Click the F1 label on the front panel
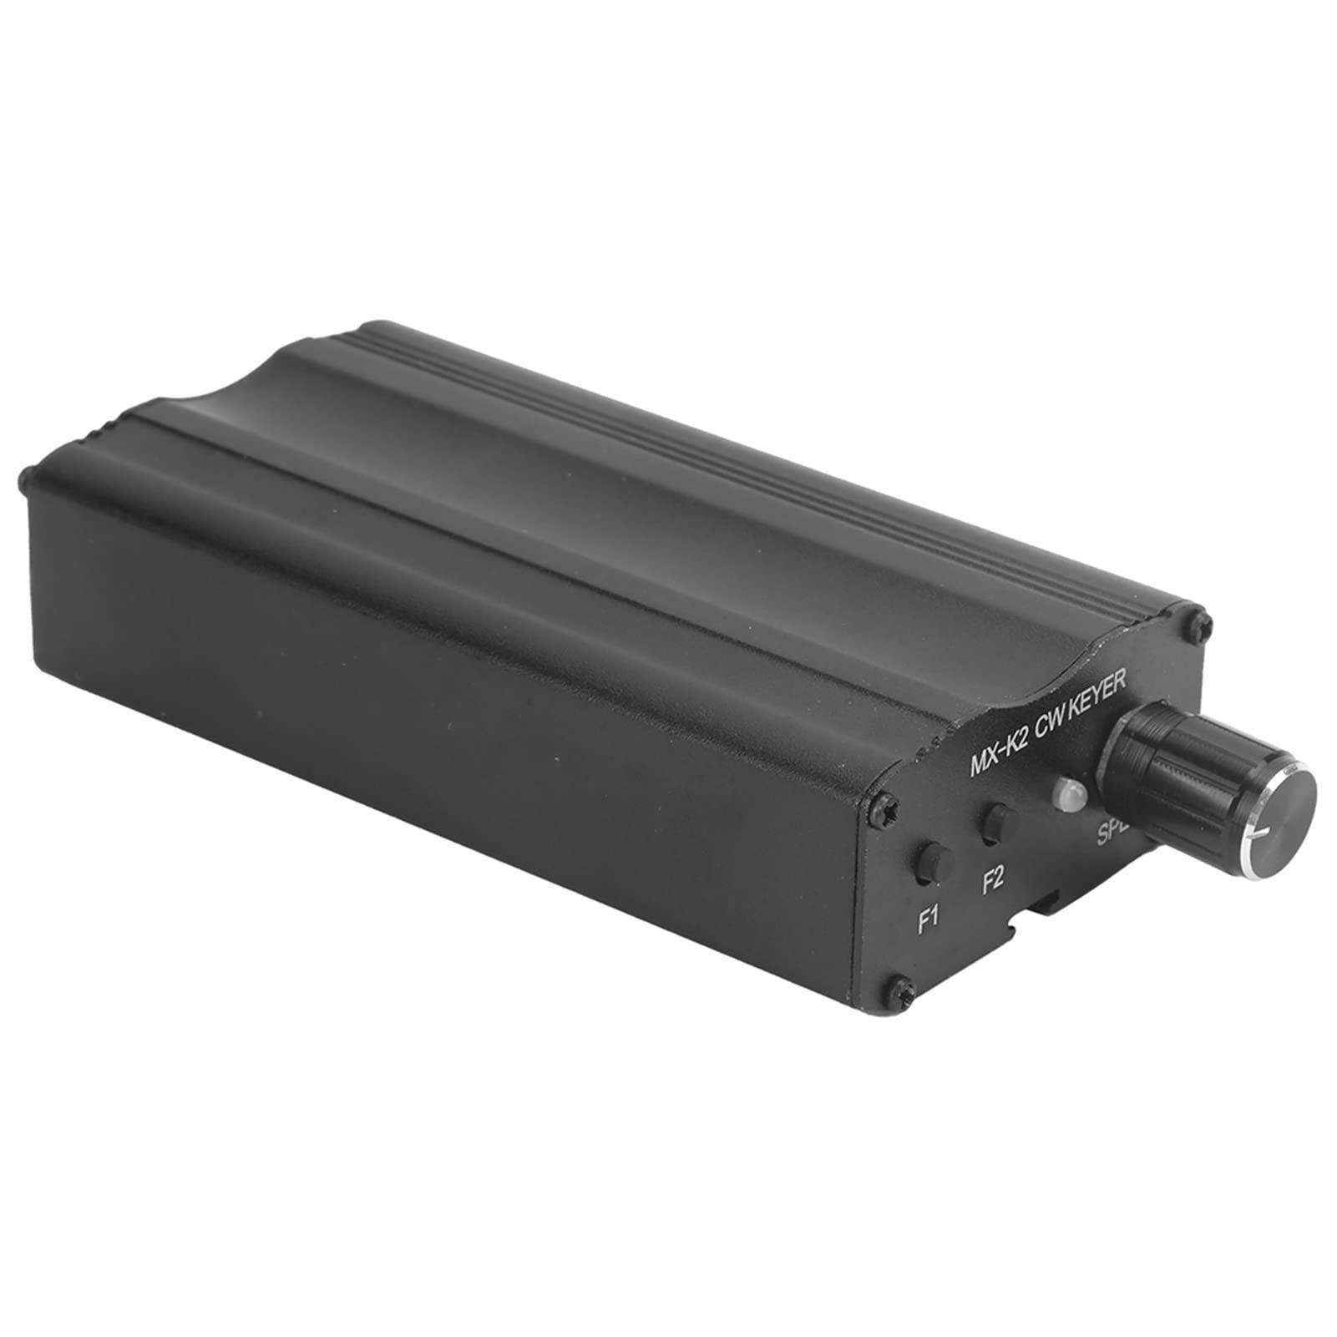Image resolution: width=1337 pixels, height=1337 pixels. [929, 919]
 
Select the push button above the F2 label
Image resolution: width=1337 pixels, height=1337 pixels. [998, 823]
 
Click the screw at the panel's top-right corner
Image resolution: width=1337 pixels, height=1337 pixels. [1196, 618]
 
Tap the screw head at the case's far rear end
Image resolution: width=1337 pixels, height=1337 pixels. [26, 481]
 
